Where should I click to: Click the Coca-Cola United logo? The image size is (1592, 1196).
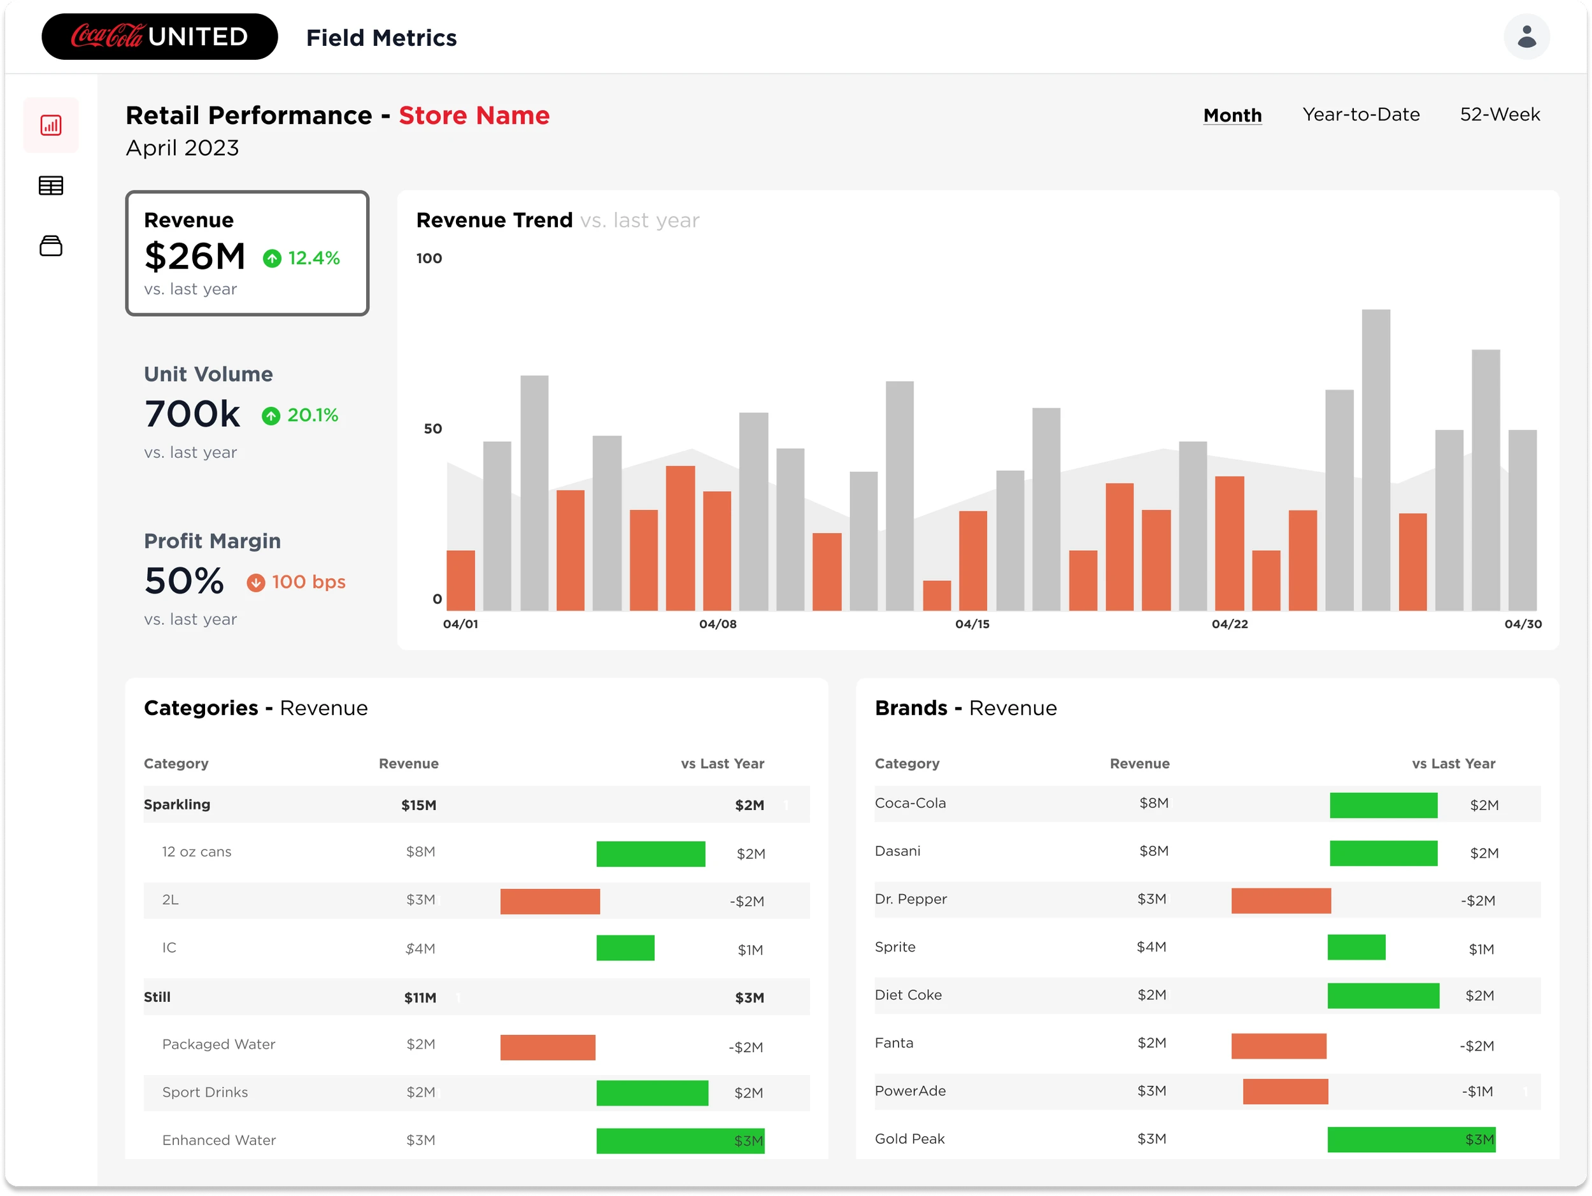pyautogui.click(x=159, y=37)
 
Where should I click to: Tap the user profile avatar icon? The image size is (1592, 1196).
pyautogui.click(x=1526, y=37)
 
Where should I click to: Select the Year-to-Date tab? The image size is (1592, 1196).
pyautogui.click(x=1360, y=115)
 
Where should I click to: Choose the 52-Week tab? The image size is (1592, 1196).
pyautogui.click(x=1499, y=115)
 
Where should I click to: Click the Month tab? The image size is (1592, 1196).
pyautogui.click(x=1232, y=115)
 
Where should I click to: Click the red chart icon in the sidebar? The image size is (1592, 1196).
pyautogui.click(x=50, y=125)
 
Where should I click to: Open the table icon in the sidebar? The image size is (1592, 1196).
pyautogui.click(x=50, y=186)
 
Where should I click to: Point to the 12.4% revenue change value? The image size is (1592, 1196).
pyautogui.click(x=314, y=258)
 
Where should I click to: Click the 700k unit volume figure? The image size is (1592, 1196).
pyautogui.click(x=192, y=414)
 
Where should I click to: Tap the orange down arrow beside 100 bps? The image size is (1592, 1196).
pyautogui.click(x=255, y=582)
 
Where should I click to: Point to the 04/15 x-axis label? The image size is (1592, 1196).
pyautogui.click(x=972, y=624)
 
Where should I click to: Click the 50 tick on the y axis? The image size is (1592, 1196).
pyautogui.click(x=432, y=429)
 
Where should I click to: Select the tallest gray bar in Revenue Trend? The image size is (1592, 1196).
pyautogui.click(x=1375, y=460)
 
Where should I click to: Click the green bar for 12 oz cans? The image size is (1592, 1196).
pyautogui.click(x=651, y=853)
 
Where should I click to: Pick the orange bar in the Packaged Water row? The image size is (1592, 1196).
pyautogui.click(x=548, y=1047)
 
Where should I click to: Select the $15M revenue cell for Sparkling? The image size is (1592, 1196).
pyautogui.click(x=419, y=805)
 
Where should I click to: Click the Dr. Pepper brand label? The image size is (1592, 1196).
pyautogui.click(x=911, y=899)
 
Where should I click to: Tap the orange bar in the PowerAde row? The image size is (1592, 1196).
pyautogui.click(x=1286, y=1091)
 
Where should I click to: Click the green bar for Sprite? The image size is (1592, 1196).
pyautogui.click(x=1356, y=947)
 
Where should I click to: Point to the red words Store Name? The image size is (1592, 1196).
pyautogui.click(x=474, y=115)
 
